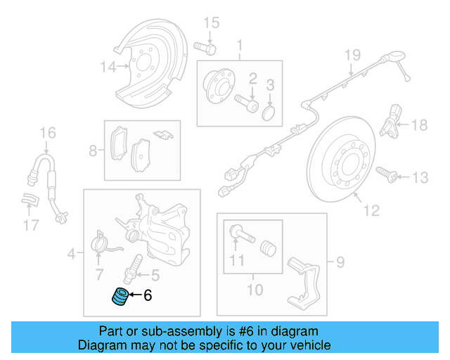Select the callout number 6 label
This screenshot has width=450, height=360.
[x=148, y=296]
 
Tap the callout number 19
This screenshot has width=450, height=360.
[x=352, y=55]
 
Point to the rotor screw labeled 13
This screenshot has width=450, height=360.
[x=386, y=172]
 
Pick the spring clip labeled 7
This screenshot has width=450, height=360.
[x=103, y=243]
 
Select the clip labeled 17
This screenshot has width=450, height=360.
[x=28, y=200]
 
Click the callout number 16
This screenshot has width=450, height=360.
[x=46, y=132]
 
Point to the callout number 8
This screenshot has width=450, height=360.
[x=92, y=150]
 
